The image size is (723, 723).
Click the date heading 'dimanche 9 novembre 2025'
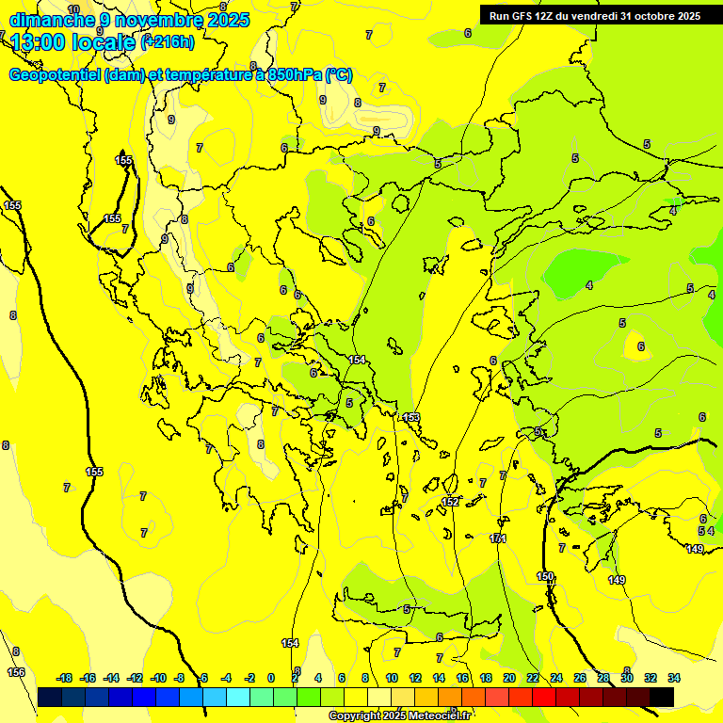tap(129, 19)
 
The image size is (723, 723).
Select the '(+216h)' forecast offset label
tap(168, 41)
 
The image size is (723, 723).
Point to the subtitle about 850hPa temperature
tap(181, 75)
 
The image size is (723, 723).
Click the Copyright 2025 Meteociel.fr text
tap(400, 715)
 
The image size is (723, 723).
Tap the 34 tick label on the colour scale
tap(674, 678)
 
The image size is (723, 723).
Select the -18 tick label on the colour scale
tap(64, 678)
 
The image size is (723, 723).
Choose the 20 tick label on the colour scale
tap(508, 678)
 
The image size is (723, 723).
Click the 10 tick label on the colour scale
tap(391, 678)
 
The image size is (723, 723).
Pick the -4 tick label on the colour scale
tap(226, 678)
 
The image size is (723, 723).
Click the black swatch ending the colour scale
tap(662, 697)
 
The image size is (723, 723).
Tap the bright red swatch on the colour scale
tap(544, 697)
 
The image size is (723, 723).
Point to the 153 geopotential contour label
tap(411, 417)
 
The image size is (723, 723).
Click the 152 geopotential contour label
tap(450, 502)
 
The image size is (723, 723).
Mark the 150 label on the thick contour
tap(545, 576)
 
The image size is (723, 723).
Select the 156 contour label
tap(16, 672)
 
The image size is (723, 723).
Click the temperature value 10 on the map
tap(73, 9)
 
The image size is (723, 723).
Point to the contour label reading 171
tap(498, 538)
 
